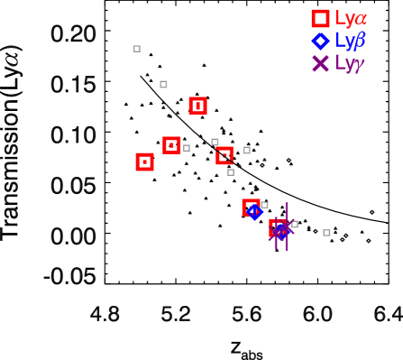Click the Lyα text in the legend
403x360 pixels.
[350, 18]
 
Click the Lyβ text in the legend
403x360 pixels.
[350, 41]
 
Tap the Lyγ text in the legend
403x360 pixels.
[349, 63]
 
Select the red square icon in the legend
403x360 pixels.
[320, 18]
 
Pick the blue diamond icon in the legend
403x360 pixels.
[320, 41]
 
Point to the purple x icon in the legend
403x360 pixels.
[320, 63]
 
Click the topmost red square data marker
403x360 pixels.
[197, 106]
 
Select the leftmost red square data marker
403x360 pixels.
[144, 162]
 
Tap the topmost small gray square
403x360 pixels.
[136, 49]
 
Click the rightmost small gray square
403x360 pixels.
[326, 233]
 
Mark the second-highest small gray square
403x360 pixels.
[163, 84]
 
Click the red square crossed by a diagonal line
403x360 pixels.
[224, 155]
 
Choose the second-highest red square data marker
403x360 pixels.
[171, 145]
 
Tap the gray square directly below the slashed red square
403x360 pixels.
[231, 172]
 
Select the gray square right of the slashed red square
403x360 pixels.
[246, 150]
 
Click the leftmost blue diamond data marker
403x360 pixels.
[254, 212]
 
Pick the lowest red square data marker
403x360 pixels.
[278, 229]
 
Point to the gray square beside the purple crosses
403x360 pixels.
[294, 225]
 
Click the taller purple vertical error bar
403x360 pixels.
[287, 226]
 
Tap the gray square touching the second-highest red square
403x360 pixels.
[186, 148]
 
